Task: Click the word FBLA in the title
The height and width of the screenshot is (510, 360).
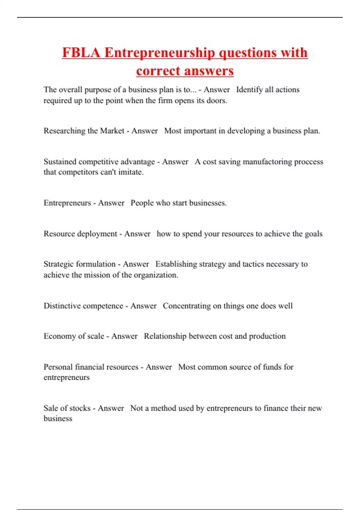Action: [x=81, y=53]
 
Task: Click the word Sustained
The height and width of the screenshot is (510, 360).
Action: [x=60, y=162]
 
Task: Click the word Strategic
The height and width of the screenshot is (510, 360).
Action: [x=59, y=264]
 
